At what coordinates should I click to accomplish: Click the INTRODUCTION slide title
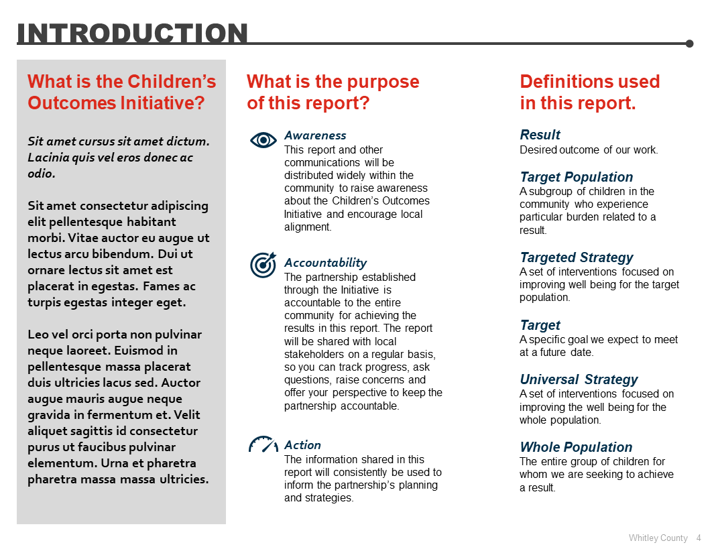pos(132,33)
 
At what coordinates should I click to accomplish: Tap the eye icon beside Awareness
pos(263,139)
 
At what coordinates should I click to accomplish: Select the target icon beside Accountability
pos(263,265)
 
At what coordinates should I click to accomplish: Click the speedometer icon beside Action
pos(263,444)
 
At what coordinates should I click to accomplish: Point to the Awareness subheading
pos(315,135)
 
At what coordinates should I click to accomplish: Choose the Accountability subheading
pos(325,263)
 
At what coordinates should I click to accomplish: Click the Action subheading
pos(302,445)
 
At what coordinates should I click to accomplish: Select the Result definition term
pos(540,135)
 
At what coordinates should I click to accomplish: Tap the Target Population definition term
pos(576,177)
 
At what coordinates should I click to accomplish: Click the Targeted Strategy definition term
pos(576,257)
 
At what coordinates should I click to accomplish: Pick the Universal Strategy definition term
pos(579,379)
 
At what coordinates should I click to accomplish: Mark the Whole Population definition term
pos(576,447)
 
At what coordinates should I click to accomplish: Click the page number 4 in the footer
pos(699,538)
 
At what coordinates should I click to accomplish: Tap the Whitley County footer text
pos(658,538)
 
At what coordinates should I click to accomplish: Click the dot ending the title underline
pos(689,44)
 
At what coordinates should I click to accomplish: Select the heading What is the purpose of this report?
pos(333,93)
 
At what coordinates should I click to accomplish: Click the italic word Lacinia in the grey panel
pos(49,158)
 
